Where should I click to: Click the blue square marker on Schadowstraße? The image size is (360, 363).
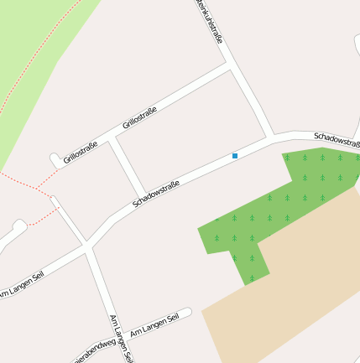(235, 156)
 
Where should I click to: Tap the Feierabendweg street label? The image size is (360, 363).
(93, 350)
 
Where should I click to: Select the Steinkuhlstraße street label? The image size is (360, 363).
(209, 20)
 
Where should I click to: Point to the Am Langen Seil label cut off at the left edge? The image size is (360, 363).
(20, 284)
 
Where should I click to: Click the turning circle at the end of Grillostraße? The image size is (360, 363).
(55, 159)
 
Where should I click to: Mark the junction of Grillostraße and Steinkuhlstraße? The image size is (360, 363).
(229, 65)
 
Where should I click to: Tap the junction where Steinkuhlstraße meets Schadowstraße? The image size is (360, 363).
(271, 137)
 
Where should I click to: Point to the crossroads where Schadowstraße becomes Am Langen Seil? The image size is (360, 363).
(87, 246)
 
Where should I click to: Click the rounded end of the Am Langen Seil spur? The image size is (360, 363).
(187, 313)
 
